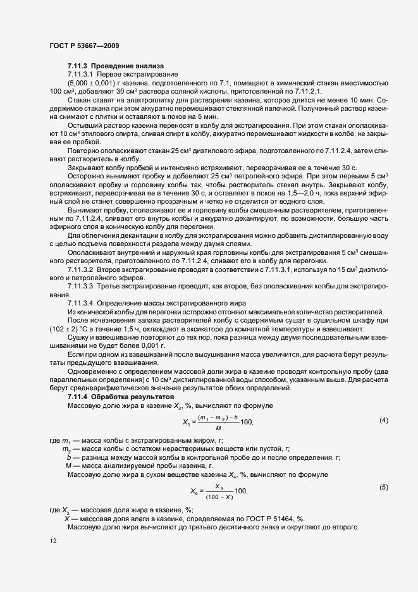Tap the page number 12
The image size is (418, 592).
52,540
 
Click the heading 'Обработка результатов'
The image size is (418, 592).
133,397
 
